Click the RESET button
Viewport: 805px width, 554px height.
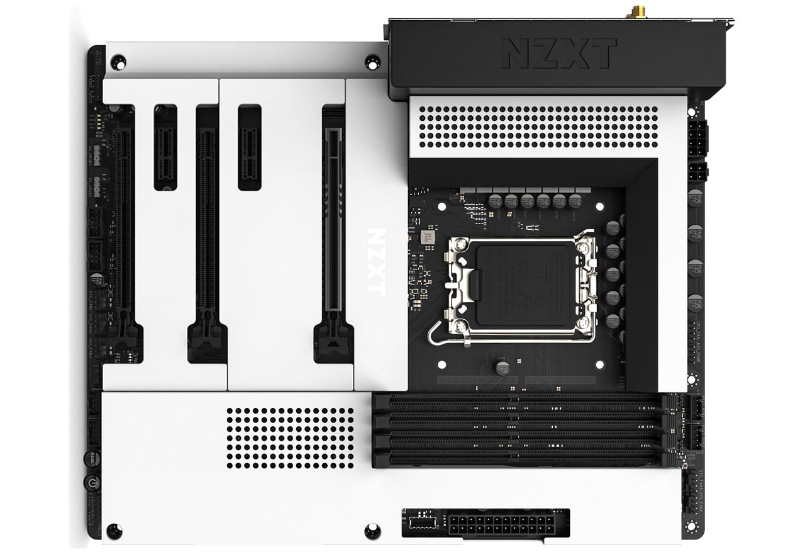[92, 458]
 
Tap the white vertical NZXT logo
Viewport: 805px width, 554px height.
[376, 261]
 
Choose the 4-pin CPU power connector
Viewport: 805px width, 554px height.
[697, 171]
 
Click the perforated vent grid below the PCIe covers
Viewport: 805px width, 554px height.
[290, 438]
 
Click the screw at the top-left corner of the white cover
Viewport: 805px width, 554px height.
[118, 62]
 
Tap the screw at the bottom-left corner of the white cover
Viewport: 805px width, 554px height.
[114, 530]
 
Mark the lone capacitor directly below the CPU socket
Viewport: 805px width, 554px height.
[502, 368]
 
